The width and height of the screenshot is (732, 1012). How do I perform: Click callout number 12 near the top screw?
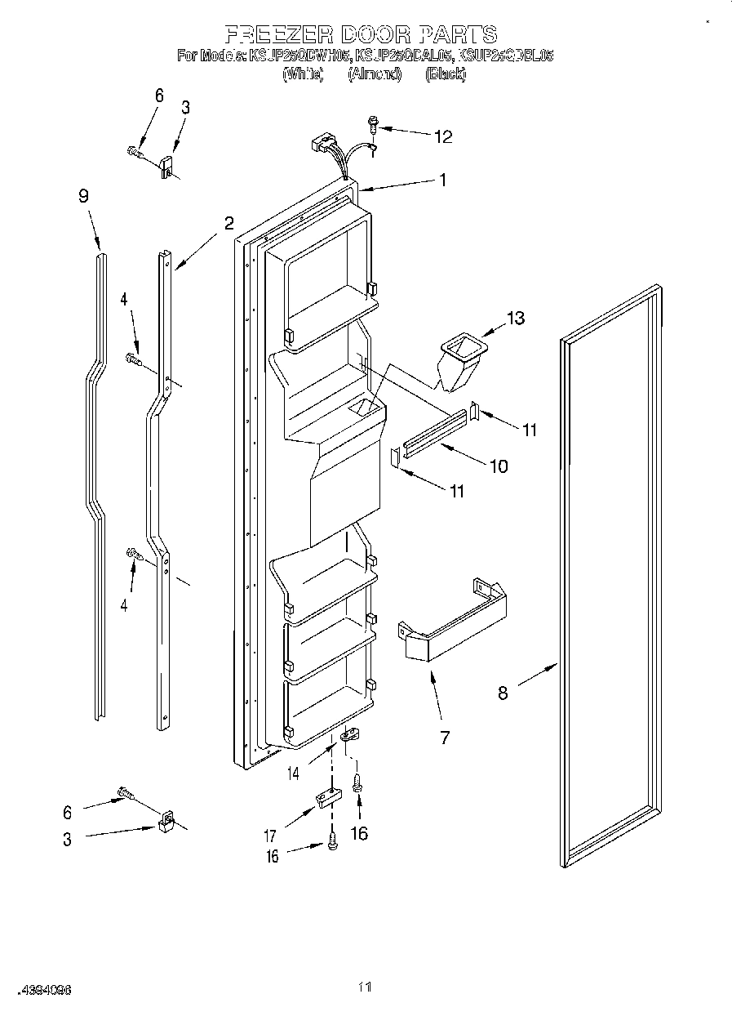pos(442,136)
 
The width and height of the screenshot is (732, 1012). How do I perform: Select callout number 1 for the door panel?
pos(443,181)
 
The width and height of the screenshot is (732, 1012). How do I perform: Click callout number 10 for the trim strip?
pos(497,466)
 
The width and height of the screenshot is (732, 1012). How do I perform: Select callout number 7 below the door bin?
pos(445,738)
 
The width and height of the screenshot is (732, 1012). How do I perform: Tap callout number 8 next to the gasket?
pos(503,693)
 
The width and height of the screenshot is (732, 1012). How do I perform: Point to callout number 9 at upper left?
pos(83,196)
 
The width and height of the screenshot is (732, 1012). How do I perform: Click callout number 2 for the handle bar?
pos(228,223)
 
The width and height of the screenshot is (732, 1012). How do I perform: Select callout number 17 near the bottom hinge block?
pos(269,836)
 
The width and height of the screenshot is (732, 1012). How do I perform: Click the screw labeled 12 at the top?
pos(374,125)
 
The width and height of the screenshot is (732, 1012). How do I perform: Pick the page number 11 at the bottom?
pos(365,987)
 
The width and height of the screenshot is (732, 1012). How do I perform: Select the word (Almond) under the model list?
pos(375,74)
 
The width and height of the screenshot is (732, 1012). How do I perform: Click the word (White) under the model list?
pos(303,74)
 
